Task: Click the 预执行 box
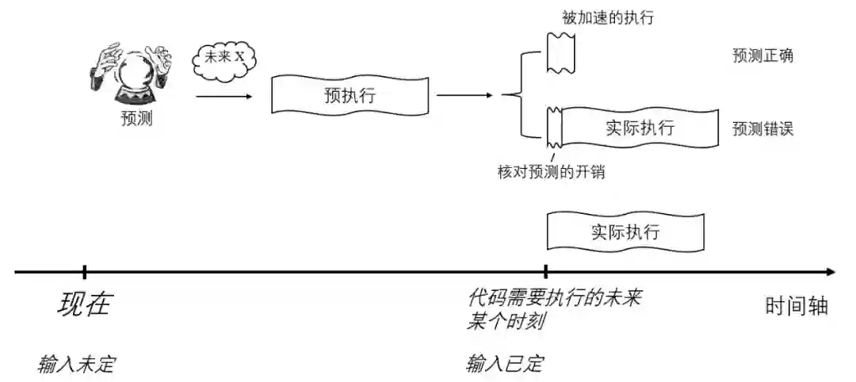[x=350, y=96]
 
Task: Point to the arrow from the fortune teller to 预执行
[x=224, y=96]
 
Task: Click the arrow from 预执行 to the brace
[x=464, y=96]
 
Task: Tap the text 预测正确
[x=763, y=55]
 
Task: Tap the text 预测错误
[x=763, y=128]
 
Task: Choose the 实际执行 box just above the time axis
[x=625, y=232]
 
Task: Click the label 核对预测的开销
[x=552, y=172]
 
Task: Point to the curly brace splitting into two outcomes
[x=520, y=95]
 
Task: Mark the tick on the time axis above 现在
[x=84, y=272]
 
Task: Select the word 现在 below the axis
[x=85, y=305]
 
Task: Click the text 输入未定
[x=77, y=365]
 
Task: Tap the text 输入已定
[x=505, y=365]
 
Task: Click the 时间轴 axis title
[x=797, y=306]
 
